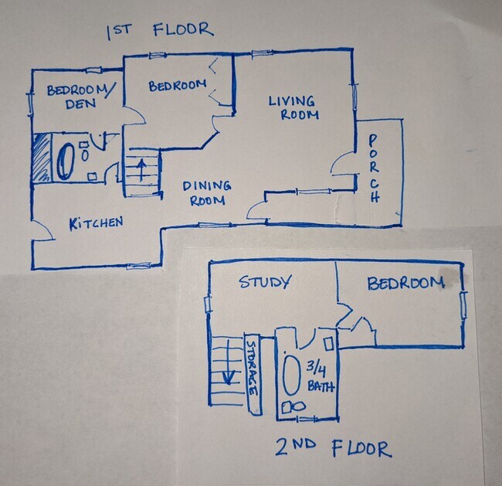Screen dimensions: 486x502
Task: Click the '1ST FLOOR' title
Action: (x=159, y=31)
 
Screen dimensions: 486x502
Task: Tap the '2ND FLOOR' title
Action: (x=332, y=448)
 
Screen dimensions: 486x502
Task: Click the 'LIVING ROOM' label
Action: (x=292, y=107)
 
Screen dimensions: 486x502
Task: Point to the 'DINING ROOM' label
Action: (x=207, y=192)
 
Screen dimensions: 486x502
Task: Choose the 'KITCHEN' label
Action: (x=96, y=223)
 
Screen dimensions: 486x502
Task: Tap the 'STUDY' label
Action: (x=265, y=282)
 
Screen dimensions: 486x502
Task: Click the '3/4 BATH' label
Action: (x=318, y=376)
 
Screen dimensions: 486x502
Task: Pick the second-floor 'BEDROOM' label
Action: (x=405, y=283)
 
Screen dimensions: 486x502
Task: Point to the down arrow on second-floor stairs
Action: (x=229, y=377)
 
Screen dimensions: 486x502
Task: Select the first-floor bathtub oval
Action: (x=64, y=160)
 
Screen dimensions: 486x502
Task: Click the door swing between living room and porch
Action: (x=342, y=165)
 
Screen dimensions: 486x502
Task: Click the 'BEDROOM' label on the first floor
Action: (x=177, y=87)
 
